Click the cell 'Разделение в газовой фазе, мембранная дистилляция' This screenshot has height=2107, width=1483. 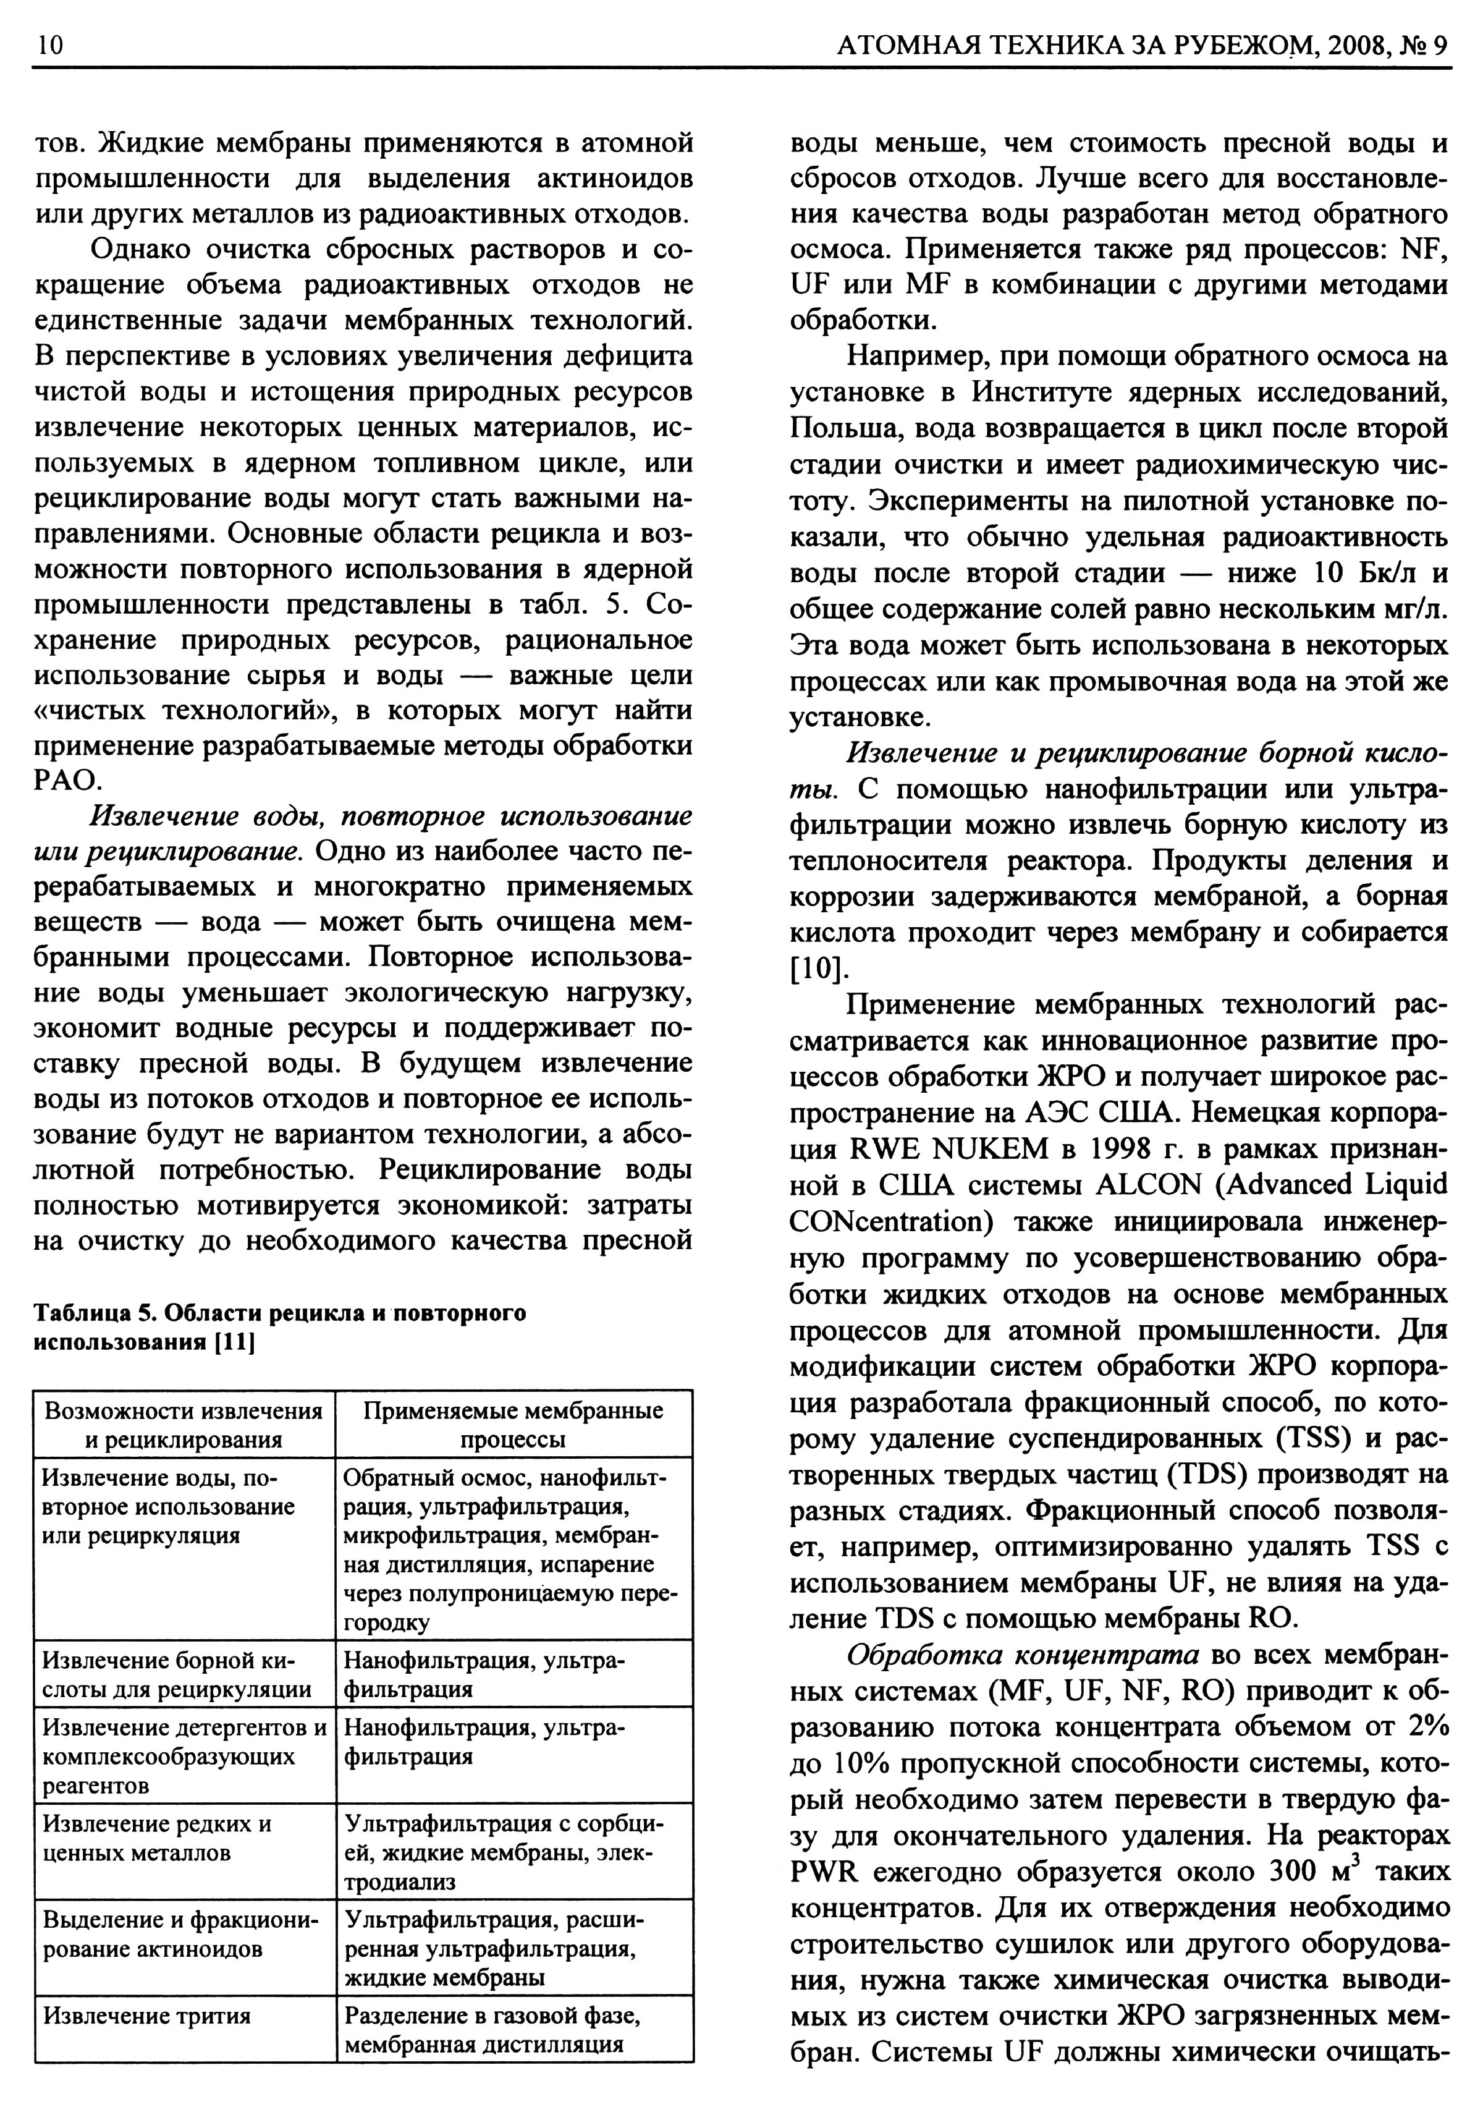coord(492,2030)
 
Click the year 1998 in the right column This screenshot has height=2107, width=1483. coord(1123,1149)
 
